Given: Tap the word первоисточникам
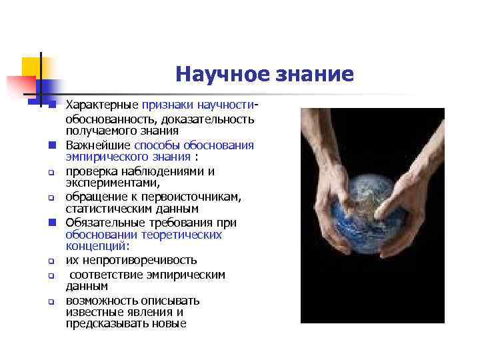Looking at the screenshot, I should point(198,197).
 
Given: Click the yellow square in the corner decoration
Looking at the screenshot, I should point(31,66).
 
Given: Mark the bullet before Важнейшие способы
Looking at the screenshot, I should point(50,145).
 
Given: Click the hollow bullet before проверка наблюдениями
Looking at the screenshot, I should point(50,171).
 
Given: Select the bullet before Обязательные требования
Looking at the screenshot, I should point(50,222).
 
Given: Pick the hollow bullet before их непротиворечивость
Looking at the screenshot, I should point(50,261).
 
